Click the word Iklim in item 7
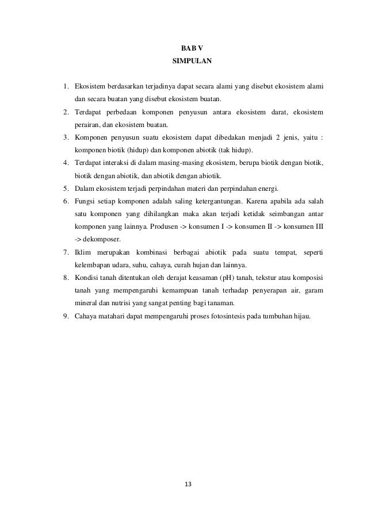(83, 252)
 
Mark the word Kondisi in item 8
(86, 278)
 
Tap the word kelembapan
(94, 265)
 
